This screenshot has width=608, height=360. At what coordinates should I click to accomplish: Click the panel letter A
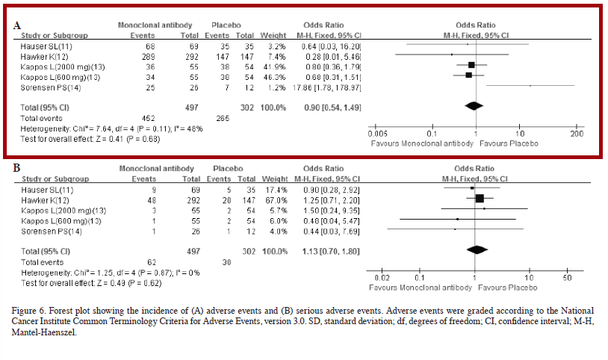pos(16,25)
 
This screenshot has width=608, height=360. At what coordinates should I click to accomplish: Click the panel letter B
pos(16,168)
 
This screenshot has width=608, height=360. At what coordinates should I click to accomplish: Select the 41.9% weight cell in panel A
pos(275,66)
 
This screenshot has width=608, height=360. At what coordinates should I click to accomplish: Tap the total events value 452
pos(149,118)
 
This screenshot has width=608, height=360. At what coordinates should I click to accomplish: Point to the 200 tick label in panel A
pos(577,134)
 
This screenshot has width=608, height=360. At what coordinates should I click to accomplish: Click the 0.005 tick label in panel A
pos(377,134)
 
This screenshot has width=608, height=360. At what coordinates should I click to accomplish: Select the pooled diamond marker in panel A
pos(474,105)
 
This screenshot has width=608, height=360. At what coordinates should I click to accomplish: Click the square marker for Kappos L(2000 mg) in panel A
pos(471,65)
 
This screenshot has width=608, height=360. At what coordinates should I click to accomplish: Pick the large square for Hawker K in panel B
pos(480,199)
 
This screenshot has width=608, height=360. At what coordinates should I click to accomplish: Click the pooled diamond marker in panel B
pos(477,249)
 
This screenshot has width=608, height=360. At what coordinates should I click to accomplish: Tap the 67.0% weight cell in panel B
pos(276,200)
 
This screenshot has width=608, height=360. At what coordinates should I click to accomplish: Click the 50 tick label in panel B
pos(567,278)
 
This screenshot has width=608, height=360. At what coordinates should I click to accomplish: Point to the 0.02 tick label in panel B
pos(382,278)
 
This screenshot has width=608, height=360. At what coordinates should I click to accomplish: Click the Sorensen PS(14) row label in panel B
pos(52,232)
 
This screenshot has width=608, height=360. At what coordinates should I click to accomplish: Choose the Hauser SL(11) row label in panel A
pos(46,46)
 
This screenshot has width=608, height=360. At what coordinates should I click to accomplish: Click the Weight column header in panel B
pos(275,179)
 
